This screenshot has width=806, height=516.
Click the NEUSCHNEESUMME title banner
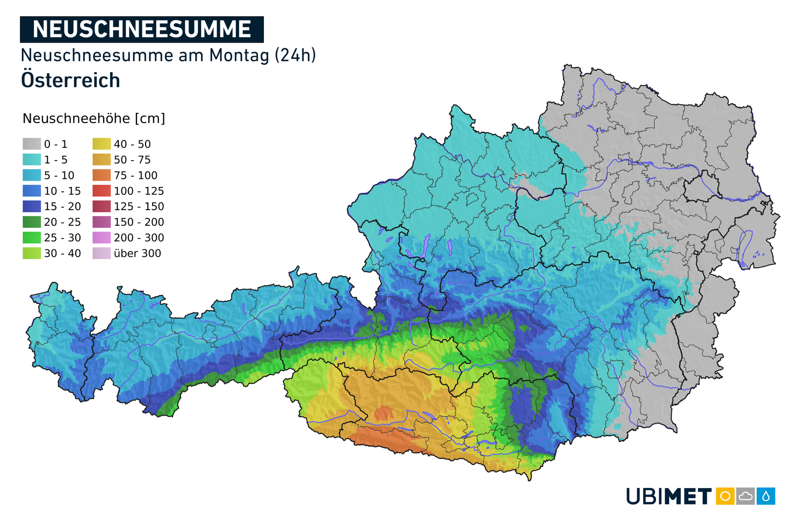tap(142, 30)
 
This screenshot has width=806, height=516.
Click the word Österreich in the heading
tap(70, 81)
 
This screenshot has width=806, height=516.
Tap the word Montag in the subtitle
tap(239, 55)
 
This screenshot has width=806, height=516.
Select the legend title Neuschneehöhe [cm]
tap(94, 119)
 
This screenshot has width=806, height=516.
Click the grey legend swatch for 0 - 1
tap(32, 144)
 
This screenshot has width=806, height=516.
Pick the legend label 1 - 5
tap(56, 160)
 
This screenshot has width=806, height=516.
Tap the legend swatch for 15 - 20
tap(32, 206)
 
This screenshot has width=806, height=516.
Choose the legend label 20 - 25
tap(62, 222)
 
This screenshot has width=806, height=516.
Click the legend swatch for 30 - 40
tap(32, 253)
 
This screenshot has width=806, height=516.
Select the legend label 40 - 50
tap(132, 144)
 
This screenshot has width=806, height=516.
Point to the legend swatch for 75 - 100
tap(102, 175)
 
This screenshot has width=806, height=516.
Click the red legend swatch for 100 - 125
tap(102, 191)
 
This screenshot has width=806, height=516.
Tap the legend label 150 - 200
tap(139, 222)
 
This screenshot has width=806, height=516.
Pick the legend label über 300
tap(137, 253)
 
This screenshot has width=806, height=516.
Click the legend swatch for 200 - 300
tap(102, 238)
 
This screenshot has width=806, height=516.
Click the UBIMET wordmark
tap(669, 496)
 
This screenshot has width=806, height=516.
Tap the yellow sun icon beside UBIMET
tap(725, 496)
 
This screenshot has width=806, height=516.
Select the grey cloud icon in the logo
tap(745, 496)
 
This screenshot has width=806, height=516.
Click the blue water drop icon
tap(766, 496)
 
